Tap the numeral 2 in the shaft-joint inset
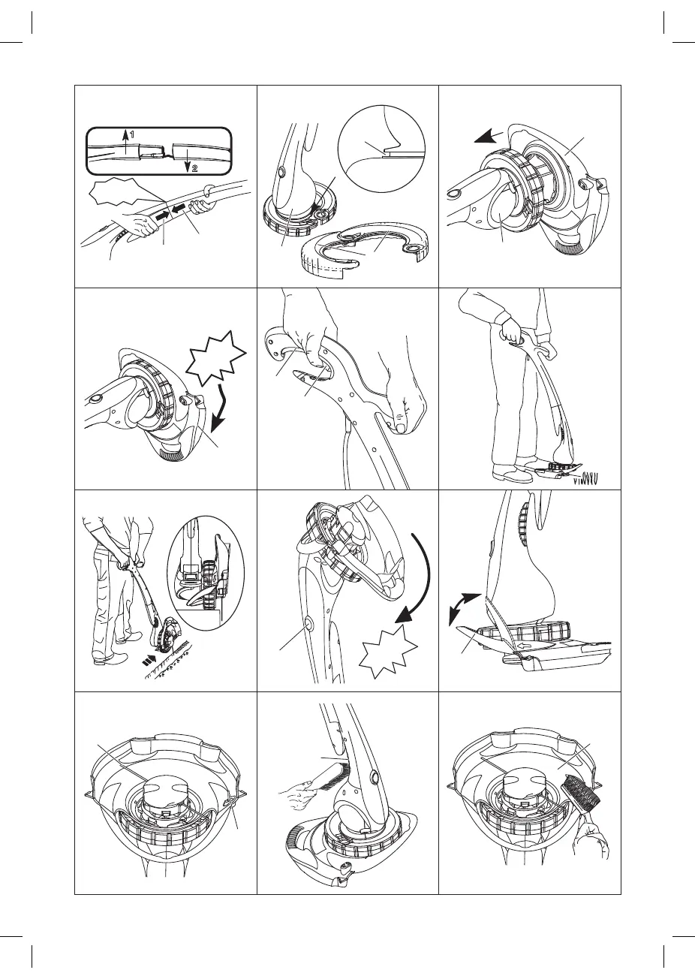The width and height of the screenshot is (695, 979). (194, 168)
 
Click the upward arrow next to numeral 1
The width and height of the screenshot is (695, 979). (126, 141)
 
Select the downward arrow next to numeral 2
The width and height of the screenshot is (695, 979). (188, 161)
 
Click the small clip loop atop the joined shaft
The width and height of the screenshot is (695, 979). (209, 190)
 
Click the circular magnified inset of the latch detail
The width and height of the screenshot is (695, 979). (381, 148)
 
